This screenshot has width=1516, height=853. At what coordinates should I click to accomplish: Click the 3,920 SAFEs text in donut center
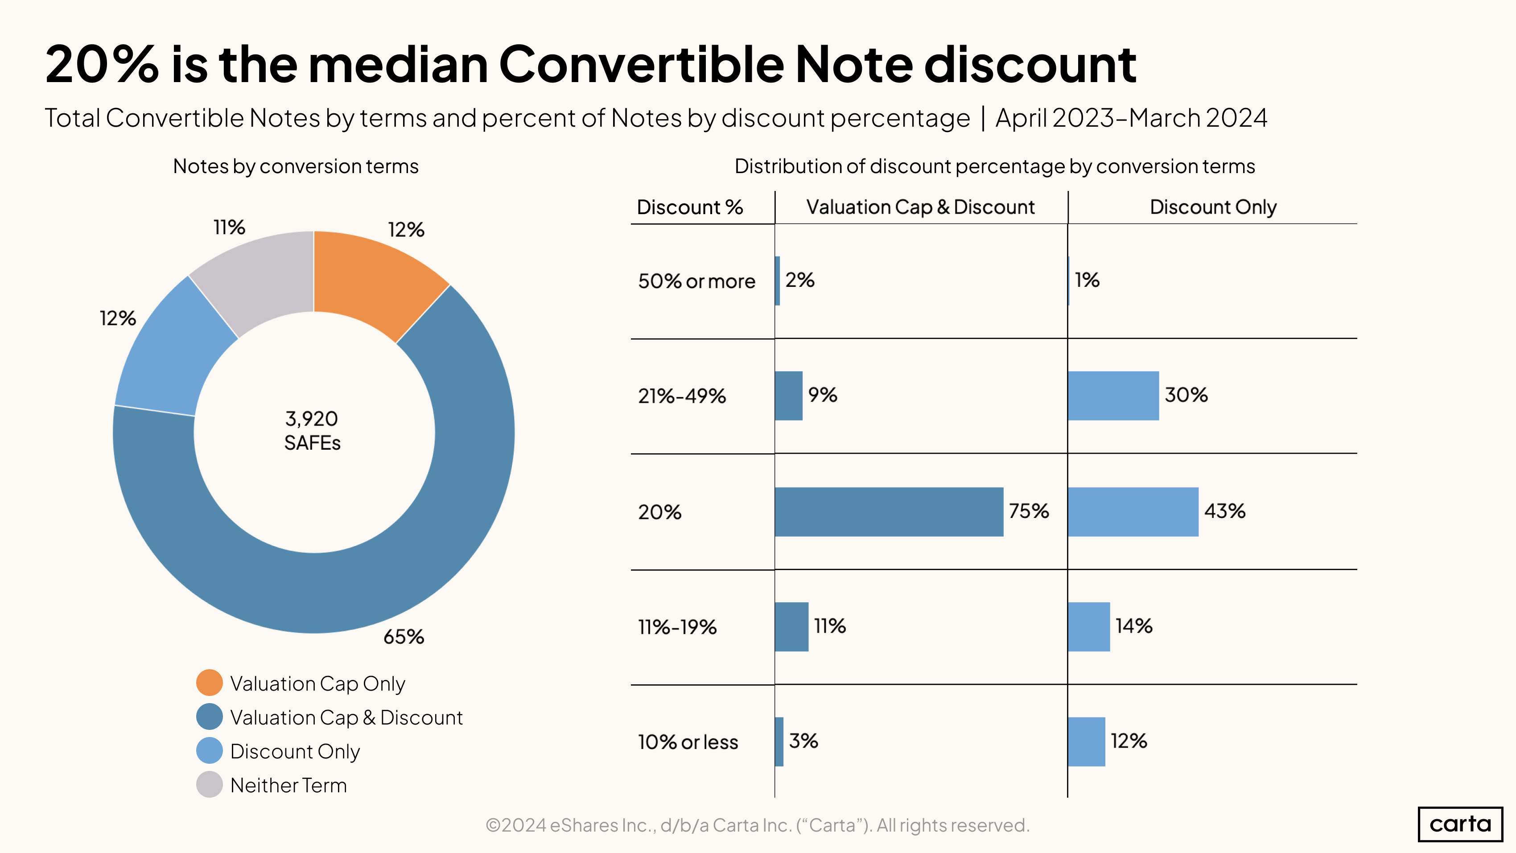pyautogui.click(x=312, y=431)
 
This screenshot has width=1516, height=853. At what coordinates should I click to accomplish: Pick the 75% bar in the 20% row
pyautogui.click(x=889, y=512)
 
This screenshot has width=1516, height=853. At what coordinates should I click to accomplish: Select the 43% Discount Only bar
pyautogui.click(x=1133, y=512)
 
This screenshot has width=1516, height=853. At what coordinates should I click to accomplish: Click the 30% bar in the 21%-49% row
pyautogui.click(x=1113, y=396)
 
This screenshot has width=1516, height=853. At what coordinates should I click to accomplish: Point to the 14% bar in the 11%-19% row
pyautogui.click(x=1089, y=627)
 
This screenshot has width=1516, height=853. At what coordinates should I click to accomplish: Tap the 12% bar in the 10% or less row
pyautogui.click(x=1086, y=742)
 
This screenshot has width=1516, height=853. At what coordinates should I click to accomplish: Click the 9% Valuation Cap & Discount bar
pyautogui.click(x=789, y=396)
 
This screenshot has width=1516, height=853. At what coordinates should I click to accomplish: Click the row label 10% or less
pyautogui.click(x=688, y=742)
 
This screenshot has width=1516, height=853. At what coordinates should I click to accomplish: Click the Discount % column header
pyautogui.click(x=690, y=207)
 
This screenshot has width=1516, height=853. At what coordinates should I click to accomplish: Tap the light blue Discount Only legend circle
pyautogui.click(x=210, y=750)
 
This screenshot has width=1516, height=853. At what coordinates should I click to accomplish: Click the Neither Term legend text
pyautogui.click(x=288, y=785)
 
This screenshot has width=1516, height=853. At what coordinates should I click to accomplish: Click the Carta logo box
pyautogui.click(x=1460, y=824)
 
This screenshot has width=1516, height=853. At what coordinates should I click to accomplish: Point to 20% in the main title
pyautogui.click(x=101, y=65)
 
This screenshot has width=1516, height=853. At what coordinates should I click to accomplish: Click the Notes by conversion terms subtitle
pyautogui.click(x=296, y=166)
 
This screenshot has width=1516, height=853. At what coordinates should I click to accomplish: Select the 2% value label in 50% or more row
pyautogui.click(x=800, y=280)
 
